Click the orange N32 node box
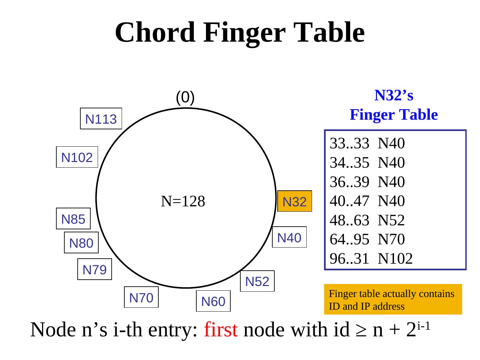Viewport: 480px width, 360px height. (x=295, y=201)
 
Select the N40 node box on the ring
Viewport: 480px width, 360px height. (x=289, y=237)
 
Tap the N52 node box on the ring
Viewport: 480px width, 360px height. (x=257, y=281)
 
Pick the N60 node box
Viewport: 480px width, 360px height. (x=213, y=301)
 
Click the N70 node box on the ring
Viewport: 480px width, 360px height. (x=141, y=297)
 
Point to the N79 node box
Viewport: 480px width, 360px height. (x=94, y=269)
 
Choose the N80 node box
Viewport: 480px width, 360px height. (x=81, y=243)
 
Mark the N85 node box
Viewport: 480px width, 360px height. (x=73, y=219)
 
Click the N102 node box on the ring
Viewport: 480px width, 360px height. (x=77, y=157)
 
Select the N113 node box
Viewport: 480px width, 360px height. (x=101, y=119)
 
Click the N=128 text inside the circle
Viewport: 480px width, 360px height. (x=183, y=201)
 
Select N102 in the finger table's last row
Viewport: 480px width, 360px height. (x=395, y=258)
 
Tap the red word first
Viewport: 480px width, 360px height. (x=221, y=330)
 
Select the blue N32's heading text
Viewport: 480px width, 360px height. (x=394, y=95)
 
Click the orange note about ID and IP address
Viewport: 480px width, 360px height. (x=393, y=300)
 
